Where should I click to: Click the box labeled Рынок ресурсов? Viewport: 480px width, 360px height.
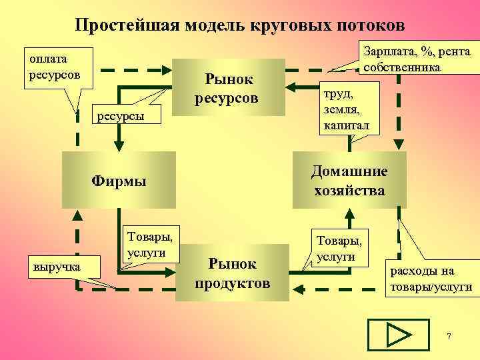pos(228,89)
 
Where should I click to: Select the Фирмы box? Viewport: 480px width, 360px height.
pos(119,180)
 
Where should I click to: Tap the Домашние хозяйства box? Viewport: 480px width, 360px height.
pos(349,180)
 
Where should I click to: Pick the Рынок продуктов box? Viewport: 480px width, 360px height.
pos(232,273)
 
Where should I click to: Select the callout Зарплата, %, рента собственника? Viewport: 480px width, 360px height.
pos(416,59)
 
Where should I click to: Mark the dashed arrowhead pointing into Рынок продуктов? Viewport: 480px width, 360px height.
pos(297,289)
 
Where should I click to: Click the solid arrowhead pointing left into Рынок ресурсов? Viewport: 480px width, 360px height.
pos(293,85)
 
